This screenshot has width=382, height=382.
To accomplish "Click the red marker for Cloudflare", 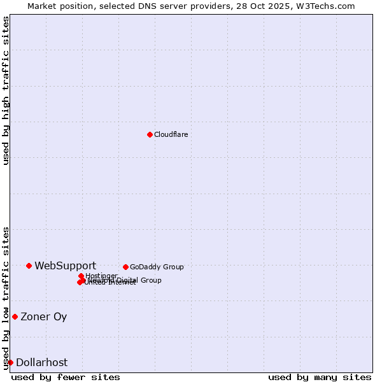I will (150, 134).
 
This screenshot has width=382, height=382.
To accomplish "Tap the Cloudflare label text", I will (171, 134).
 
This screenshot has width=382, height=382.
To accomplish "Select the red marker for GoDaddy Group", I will (125, 267).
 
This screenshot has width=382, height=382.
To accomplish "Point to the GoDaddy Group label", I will (157, 267).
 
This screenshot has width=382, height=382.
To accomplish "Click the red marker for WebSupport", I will (29, 265).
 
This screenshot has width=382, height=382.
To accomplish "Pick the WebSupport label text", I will (65, 265).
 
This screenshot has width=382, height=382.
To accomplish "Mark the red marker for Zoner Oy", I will (15, 316).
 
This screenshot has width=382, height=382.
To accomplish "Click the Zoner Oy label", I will (43, 316).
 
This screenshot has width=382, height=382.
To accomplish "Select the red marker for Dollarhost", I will (10, 362).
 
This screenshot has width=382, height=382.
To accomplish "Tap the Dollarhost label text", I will (41, 362).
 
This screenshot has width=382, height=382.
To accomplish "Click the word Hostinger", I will (101, 276).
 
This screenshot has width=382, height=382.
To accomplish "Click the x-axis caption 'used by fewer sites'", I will (66, 377).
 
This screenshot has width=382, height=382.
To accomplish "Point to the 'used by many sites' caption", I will (320, 377).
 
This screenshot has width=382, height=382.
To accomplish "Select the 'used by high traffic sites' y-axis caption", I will (6, 90).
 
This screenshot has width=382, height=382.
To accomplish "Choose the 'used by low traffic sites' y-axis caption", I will (6, 297).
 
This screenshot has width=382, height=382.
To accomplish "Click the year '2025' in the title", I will (289, 6).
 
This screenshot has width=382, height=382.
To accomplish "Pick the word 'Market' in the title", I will (40, 6).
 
